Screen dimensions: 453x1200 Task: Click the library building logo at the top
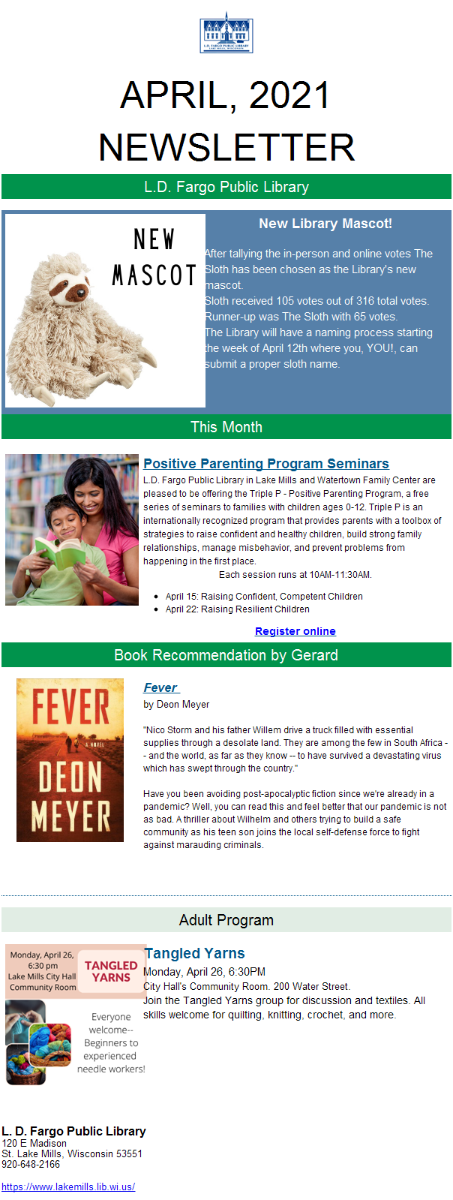pos(226,33)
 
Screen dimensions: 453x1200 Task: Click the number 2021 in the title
pos(289,95)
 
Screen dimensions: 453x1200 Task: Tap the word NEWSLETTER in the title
pos(226,147)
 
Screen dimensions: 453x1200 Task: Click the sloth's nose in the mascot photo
pos(81,293)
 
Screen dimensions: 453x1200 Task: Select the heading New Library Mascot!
pos(325,224)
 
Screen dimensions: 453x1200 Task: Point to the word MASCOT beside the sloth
pos(154,275)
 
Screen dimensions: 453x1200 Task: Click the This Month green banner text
pos(226,427)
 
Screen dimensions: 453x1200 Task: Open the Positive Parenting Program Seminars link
pos(266,463)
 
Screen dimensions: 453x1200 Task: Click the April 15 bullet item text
pos(264,597)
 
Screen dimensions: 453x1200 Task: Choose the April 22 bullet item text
pos(237,609)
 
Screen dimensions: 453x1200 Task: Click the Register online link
pos(295,631)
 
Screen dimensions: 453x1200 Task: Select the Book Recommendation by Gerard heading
pos(226,655)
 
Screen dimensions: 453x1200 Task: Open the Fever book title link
pos(160,688)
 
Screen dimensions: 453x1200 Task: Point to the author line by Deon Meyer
pos(176,705)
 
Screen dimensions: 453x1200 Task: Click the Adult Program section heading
pos(226,920)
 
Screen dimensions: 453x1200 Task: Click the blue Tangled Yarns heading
pos(194,953)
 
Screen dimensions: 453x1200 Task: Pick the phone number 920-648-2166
pos(31,1164)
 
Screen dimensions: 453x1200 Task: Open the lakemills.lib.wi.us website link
pos(68,1186)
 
